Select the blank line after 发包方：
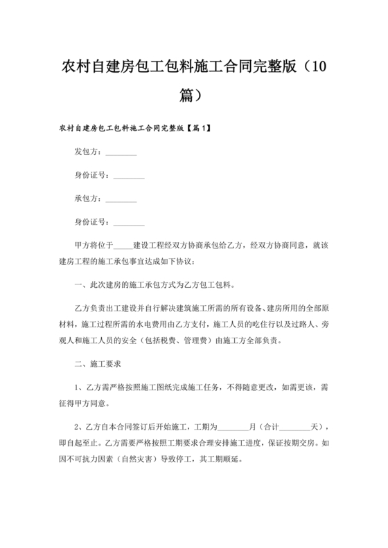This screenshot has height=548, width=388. point(121,154)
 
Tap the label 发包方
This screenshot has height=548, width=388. point(87,152)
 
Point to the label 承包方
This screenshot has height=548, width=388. point(87,198)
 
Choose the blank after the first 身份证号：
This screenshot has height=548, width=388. point(129,176)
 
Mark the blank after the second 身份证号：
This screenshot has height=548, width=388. point(129,222)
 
